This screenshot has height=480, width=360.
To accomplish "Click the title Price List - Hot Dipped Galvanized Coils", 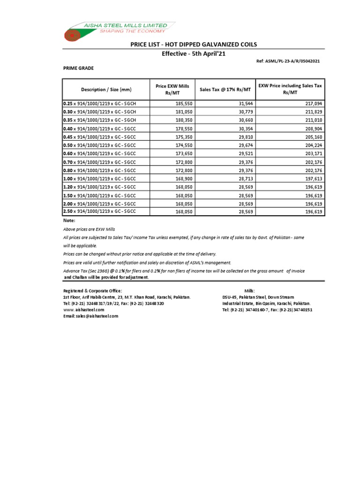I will (x=194, y=45).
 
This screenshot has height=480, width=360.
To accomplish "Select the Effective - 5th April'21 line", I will (x=194, y=54).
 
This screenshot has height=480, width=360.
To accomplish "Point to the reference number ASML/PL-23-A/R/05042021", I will (x=290, y=61).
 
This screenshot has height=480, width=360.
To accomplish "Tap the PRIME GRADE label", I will (x=78, y=68).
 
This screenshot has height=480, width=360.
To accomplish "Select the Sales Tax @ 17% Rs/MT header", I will (x=225, y=89).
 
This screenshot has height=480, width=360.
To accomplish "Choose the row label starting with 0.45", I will (x=99, y=137).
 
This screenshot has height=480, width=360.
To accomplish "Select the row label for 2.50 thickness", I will (x=99, y=212).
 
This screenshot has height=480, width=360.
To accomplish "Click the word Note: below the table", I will (x=69, y=220).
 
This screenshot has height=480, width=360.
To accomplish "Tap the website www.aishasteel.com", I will (x=83, y=310).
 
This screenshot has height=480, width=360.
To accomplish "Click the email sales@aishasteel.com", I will (x=90, y=316).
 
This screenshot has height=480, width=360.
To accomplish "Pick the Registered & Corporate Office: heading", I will (x=92, y=291).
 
